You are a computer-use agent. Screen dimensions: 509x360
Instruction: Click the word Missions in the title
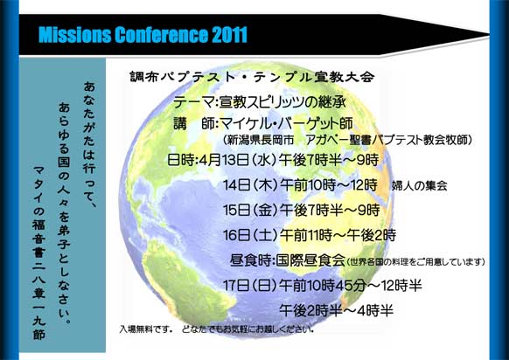point(74,35)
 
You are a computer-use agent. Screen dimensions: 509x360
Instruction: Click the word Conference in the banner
point(161,35)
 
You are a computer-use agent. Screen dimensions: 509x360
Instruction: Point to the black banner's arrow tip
point(488,34)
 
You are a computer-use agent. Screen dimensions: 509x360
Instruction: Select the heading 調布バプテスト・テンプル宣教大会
point(252,77)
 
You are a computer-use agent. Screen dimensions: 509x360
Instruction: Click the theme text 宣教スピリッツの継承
point(282,102)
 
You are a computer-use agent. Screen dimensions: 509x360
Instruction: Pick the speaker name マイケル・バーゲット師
point(286,123)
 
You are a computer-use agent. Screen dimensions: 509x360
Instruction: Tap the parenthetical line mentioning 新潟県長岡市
point(347,140)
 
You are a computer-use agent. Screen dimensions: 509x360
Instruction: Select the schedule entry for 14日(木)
point(300,185)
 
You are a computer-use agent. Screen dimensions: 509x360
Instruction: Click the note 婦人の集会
point(419,186)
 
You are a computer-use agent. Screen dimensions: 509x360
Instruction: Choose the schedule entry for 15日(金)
point(301,211)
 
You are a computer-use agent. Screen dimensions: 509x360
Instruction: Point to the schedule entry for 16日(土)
point(310,235)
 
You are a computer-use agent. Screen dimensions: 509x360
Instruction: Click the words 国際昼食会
point(310,260)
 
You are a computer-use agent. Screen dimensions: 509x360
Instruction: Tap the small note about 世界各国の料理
point(415,262)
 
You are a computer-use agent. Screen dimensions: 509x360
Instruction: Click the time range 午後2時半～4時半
point(337,311)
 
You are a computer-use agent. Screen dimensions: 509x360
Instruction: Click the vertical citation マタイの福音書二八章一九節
point(39,253)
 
